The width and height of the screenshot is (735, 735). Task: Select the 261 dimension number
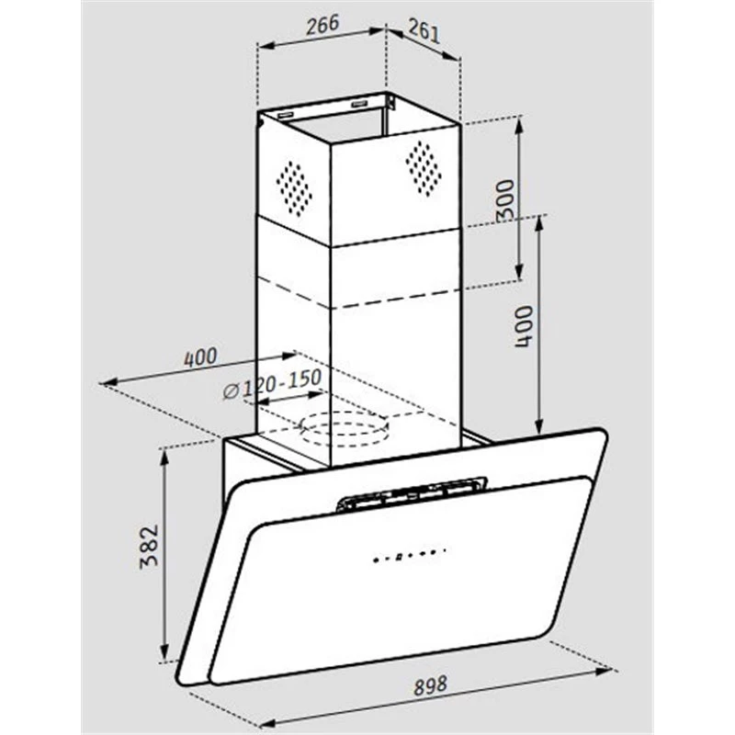coord(424,31)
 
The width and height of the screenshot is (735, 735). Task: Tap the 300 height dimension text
coord(505,199)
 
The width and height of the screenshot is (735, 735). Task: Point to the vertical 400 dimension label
coord(524,326)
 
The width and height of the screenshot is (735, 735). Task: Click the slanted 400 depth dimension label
coord(200,357)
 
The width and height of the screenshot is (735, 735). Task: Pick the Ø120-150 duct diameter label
coord(272,384)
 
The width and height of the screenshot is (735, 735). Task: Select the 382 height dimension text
coord(150,547)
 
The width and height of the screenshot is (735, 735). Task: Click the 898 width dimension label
coord(430,685)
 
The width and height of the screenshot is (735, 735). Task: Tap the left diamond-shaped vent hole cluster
coord(294,188)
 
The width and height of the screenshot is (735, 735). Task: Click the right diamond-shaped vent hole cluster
coord(424,168)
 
